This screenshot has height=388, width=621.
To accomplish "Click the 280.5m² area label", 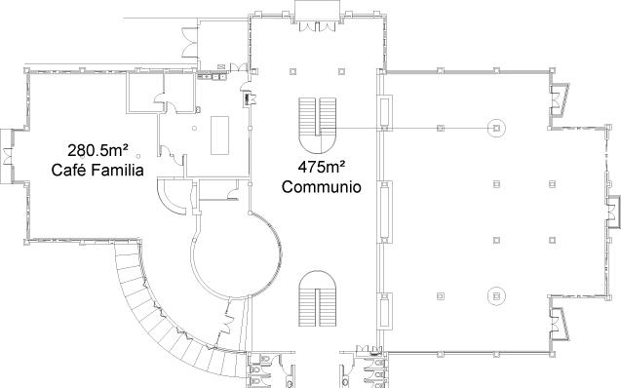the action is coord(97,150).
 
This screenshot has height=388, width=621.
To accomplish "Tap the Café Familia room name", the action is coord(97,170).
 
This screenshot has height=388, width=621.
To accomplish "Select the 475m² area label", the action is coord(321,167).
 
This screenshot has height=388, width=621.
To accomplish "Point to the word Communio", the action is coord(321,186).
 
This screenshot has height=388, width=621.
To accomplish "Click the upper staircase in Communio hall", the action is coord(317,126).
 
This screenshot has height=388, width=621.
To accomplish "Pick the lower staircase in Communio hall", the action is coord(317,298).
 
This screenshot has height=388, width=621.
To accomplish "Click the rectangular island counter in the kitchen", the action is coord(219,135).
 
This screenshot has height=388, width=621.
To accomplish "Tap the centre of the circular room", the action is coord(237,254).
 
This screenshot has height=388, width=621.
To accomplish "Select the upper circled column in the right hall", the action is coord(496,128).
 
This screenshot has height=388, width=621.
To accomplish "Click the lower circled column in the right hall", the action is coord(496,295).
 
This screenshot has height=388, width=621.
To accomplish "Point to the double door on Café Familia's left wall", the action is coord(7,156).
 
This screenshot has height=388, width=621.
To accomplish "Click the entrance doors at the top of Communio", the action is coord(317,26).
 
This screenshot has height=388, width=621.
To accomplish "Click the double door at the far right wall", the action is coord(612,213).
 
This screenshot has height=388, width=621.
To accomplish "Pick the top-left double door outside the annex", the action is coord(190,42).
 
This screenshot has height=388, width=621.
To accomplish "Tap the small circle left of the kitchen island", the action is coord(194,129).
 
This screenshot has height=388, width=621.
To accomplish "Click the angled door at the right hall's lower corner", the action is coord(560,324).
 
